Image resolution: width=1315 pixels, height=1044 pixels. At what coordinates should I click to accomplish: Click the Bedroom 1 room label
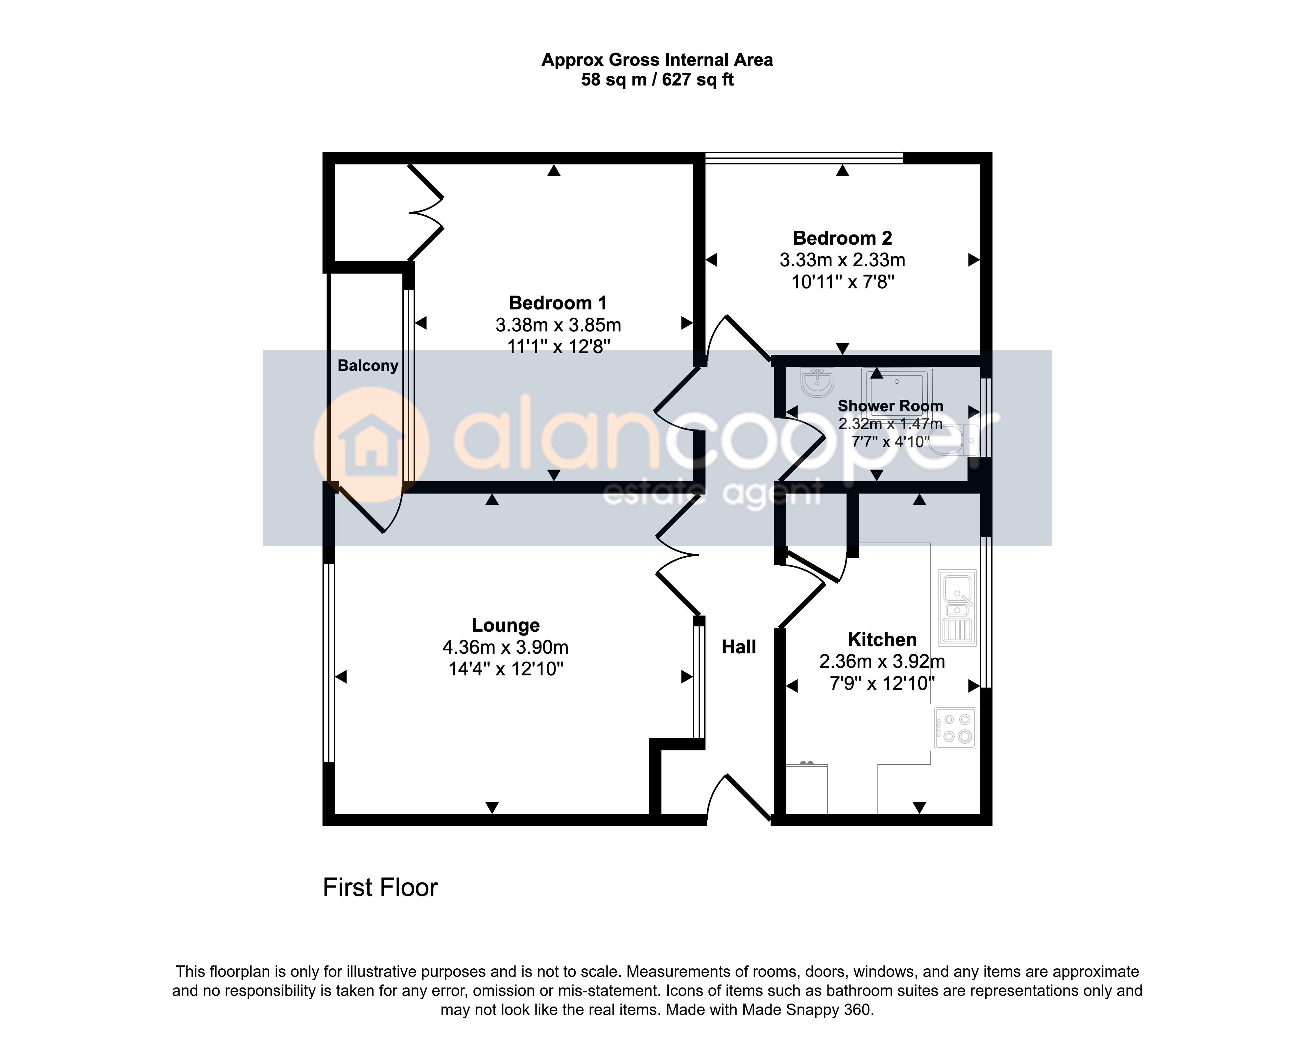pyautogui.click(x=558, y=303)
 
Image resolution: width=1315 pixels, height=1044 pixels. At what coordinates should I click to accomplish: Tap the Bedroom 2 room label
pyautogui.click(x=842, y=238)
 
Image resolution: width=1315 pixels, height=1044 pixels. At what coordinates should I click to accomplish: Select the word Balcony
pyautogui.click(x=368, y=366)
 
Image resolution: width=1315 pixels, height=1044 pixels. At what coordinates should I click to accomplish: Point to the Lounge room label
pyautogui.click(x=506, y=625)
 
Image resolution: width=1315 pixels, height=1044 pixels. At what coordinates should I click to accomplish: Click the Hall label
pyautogui.click(x=739, y=647)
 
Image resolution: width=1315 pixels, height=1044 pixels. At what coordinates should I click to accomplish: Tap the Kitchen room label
pyautogui.click(x=882, y=640)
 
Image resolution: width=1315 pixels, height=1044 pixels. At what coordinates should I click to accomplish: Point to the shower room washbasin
pyautogui.click(x=817, y=382)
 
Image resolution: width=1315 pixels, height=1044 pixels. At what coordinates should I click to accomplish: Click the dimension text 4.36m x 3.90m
pyautogui.click(x=506, y=647)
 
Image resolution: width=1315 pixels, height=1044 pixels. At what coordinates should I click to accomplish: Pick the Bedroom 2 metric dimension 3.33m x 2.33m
pyautogui.click(x=842, y=260)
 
